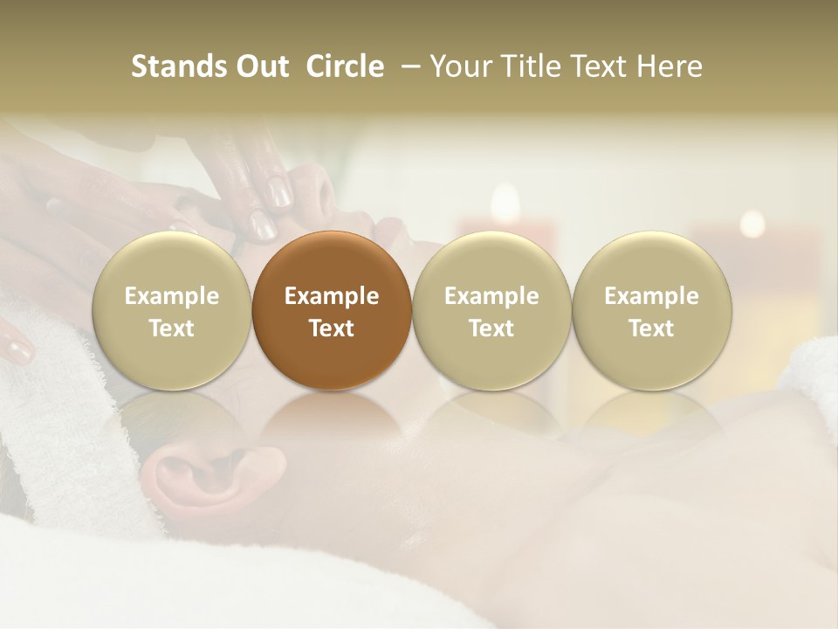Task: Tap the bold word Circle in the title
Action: (345, 66)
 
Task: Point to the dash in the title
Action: (409, 67)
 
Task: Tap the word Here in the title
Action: (671, 66)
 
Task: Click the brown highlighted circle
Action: (332, 311)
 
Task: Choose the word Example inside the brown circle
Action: (332, 296)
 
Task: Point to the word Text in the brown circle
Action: (332, 328)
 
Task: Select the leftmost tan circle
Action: (172, 311)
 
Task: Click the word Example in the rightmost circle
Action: (651, 296)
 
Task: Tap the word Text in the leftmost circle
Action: (172, 328)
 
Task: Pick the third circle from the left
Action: (491, 311)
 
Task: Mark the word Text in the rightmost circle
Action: (651, 328)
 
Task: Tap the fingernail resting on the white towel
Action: (17, 349)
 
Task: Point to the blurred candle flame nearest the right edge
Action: (752, 224)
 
